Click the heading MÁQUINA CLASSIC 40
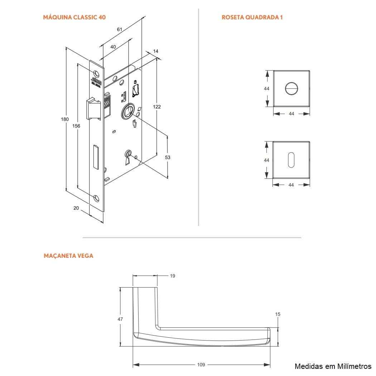74,17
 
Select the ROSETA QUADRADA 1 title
252,17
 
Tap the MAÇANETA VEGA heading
68,256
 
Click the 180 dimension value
64,119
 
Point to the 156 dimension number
76,126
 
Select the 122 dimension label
157,107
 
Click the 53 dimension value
168,157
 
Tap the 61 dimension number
120,29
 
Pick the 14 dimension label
155,52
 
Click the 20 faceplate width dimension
76,208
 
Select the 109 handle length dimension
201,365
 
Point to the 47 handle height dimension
120,319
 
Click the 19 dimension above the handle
173,276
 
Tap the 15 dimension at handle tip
278,314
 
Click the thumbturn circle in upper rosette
291,88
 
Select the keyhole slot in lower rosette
291,159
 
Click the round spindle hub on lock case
128,111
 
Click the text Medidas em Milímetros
333,366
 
